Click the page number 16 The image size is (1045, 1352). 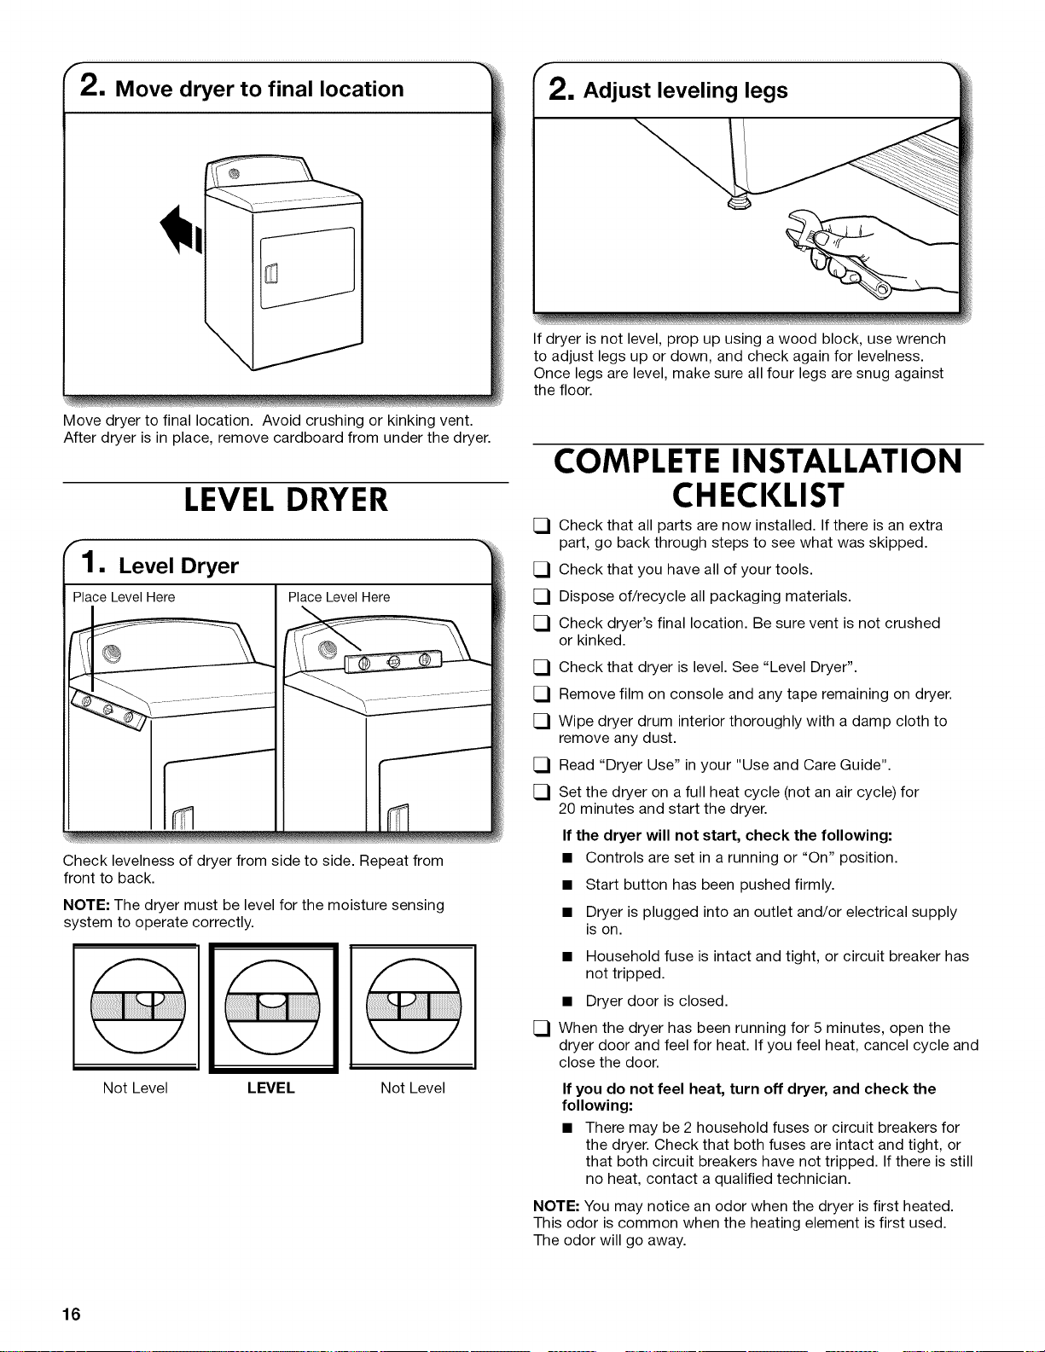[x=71, y=1314]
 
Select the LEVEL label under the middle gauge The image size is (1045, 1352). [x=270, y=1088]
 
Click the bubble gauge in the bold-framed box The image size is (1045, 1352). [x=272, y=1007]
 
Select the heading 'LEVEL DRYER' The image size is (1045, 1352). [x=286, y=500]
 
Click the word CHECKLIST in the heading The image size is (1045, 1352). [x=758, y=496]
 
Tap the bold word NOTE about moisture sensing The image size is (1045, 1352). [x=86, y=905]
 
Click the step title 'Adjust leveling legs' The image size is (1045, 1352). [x=686, y=90]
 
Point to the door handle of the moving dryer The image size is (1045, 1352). [x=271, y=273]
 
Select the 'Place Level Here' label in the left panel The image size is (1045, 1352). [x=124, y=597]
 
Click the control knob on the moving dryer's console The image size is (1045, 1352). [x=234, y=174]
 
